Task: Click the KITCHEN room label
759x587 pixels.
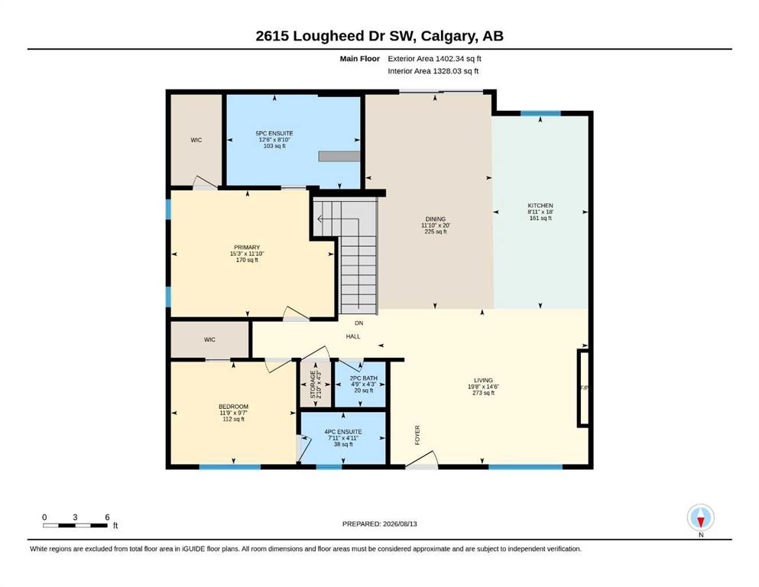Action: tap(540, 205)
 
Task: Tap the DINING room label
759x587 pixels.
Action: tap(435, 219)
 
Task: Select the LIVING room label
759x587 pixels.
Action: tap(483, 381)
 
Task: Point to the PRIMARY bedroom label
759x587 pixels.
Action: tap(247, 248)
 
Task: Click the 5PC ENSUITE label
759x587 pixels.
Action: tap(274, 133)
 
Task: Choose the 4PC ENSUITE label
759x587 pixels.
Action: tap(343, 432)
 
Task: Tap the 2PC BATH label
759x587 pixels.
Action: tap(364, 378)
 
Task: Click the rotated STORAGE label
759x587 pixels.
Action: tap(313, 384)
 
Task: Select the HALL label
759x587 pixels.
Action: tap(353, 336)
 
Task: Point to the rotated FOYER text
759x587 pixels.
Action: tap(417, 435)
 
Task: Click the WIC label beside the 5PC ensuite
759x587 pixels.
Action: tap(196, 140)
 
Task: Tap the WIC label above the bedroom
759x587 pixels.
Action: tap(209, 339)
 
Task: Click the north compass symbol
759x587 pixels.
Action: tap(700, 517)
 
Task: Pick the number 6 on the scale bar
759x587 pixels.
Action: tap(107, 517)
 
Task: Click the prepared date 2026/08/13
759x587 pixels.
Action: tap(400, 524)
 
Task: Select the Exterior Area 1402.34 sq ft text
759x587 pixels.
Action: tap(434, 59)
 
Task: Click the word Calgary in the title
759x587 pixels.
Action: tap(448, 36)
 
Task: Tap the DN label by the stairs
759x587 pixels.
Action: tap(358, 323)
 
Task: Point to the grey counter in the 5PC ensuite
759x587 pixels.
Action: tap(339, 157)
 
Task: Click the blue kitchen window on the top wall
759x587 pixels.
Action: tap(540, 114)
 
